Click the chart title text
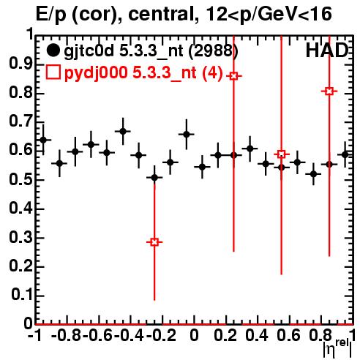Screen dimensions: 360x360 tap(184, 15)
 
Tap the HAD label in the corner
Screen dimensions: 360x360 tap(326, 50)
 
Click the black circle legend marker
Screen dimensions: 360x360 tap(53, 50)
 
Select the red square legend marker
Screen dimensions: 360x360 tap(53, 72)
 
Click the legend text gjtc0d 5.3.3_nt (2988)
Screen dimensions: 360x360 tap(151, 51)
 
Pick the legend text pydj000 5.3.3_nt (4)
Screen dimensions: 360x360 tap(143, 72)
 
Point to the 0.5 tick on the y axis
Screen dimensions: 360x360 tap(20, 180)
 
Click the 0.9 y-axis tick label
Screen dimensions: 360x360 tap(20, 64)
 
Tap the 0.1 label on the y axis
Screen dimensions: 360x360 tap(21, 296)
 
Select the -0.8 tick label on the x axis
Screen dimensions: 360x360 tap(67, 336)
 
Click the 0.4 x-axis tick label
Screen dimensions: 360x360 tap(257, 336)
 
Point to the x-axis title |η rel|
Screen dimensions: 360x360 tap(338, 348)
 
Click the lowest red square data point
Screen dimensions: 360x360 tap(154, 242)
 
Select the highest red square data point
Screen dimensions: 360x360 tap(233, 76)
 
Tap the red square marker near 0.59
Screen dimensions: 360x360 tap(282, 154)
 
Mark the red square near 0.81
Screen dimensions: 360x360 tap(329, 91)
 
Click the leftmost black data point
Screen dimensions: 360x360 tap(43, 140)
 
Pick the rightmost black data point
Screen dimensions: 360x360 tap(345, 154)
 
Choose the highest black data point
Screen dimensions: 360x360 tap(123, 131)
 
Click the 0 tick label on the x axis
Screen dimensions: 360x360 tap(194, 336)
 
